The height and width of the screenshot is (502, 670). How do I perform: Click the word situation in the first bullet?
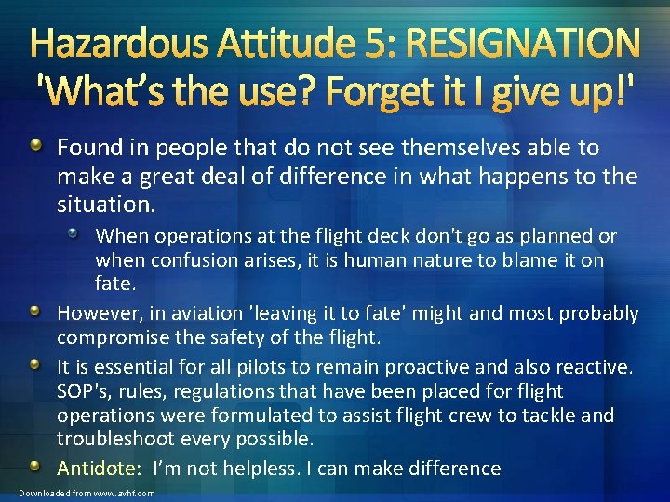(x=96, y=200)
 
